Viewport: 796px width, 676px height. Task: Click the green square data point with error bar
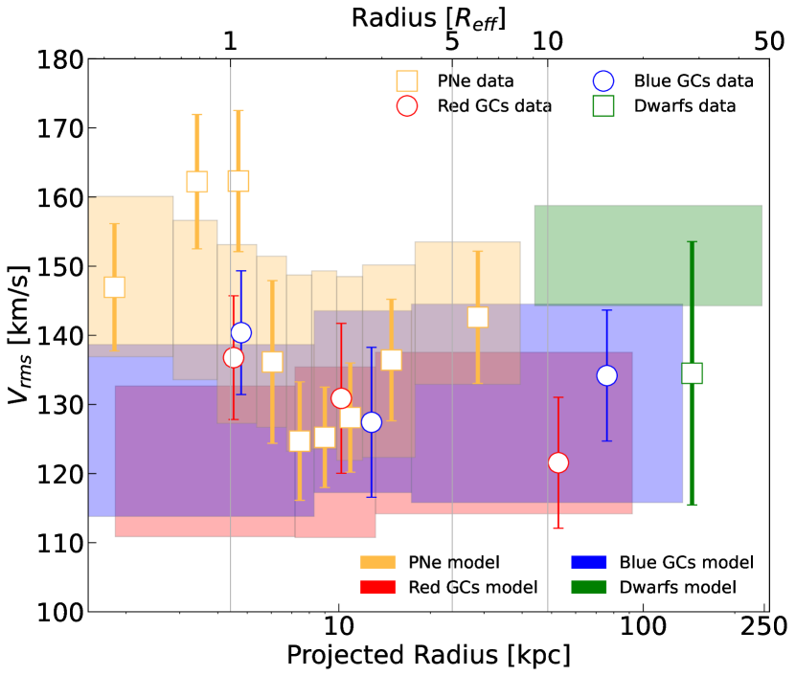[x=692, y=373]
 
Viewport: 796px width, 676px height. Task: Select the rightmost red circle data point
[x=558, y=462]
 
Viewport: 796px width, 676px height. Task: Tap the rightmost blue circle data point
[x=606, y=375]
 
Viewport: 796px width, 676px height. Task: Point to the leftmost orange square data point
[x=114, y=287]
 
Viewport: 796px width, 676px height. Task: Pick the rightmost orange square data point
[x=478, y=317]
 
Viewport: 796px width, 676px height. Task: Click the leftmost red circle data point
[x=234, y=357]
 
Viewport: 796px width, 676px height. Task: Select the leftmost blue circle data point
[x=241, y=332]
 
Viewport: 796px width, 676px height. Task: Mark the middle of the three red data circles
[x=341, y=398]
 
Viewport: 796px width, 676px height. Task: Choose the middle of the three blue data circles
[x=372, y=422]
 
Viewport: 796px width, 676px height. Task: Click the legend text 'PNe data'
[x=475, y=81]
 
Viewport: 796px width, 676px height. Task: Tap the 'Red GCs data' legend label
[x=494, y=106]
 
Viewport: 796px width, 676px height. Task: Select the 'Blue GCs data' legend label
[x=694, y=81]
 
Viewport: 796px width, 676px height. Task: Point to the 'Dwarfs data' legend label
[x=685, y=106]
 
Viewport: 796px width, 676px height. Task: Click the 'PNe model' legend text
[x=454, y=563]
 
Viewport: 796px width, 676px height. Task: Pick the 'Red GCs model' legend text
[x=473, y=587]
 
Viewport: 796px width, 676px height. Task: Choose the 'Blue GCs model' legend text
[x=686, y=563]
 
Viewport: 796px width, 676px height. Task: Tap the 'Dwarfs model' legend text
[x=677, y=587]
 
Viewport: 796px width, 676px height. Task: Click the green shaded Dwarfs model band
[x=648, y=255]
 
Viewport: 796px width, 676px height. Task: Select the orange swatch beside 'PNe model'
[x=377, y=563]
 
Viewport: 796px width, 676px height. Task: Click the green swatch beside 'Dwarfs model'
[x=588, y=587]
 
